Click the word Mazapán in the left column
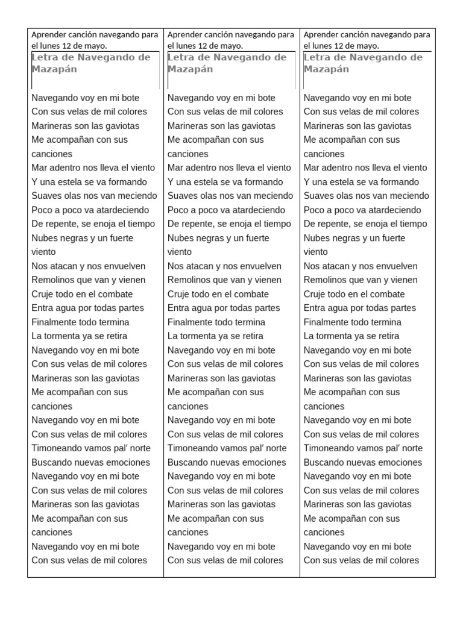(54, 69)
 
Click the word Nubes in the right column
(317, 238)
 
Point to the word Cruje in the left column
(43, 294)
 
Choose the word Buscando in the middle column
(187, 463)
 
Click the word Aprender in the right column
(321, 35)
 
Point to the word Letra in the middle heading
(180, 58)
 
